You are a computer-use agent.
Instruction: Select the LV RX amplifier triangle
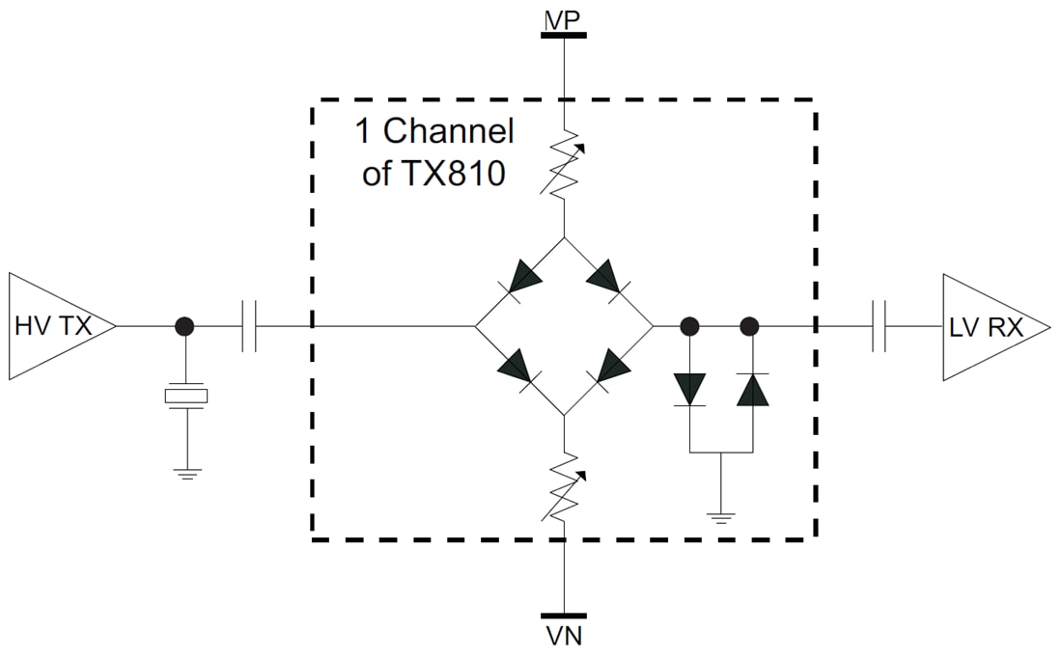990,327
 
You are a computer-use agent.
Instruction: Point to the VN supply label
564,637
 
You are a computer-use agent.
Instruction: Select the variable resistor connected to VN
564,487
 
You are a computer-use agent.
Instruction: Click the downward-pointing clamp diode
689,389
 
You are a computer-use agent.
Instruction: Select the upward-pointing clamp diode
750,389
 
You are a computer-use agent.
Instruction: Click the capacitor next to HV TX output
248,326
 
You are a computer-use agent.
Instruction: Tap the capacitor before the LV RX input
879,326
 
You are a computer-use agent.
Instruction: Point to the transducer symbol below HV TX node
185,396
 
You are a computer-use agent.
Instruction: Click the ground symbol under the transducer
185,474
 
